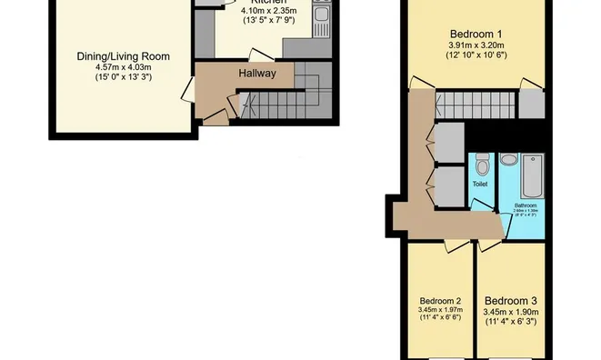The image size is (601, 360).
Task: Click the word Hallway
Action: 257,74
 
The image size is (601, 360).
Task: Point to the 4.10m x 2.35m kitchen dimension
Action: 269,12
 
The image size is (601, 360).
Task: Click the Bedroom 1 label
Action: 476,34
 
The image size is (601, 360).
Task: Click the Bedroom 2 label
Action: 440,301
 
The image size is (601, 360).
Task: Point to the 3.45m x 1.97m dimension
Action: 440,311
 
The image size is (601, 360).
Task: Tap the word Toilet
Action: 480,185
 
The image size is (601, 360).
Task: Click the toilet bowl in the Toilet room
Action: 482,165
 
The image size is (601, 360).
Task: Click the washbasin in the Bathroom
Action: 508,161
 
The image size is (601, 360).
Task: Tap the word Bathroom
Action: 526,205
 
